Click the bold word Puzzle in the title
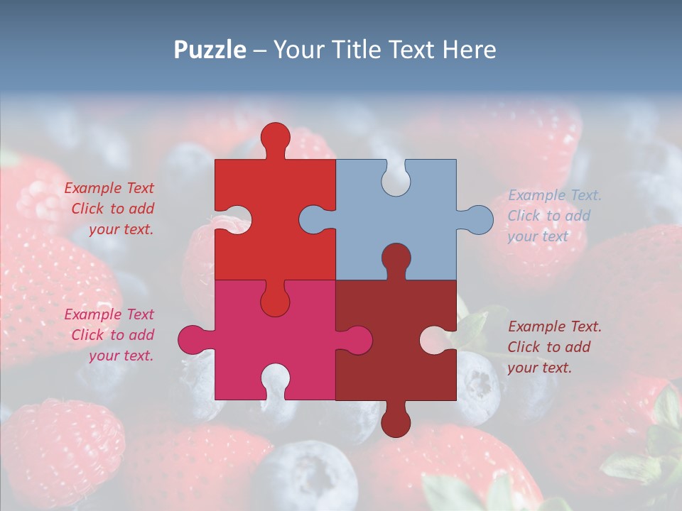coord(210,50)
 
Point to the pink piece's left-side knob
coord(191,339)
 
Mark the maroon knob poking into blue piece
coord(396,257)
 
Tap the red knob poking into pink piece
coord(275,302)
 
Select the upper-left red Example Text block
coord(110,209)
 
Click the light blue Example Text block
coord(554,216)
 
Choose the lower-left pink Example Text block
coord(110,335)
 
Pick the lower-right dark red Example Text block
coord(554,347)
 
